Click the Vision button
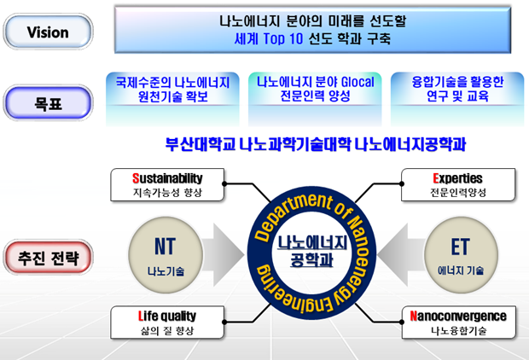pyautogui.click(x=48, y=32)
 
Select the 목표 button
pyautogui.click(x=48, y=104)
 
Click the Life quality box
pyautogui.click(x=167, y=322)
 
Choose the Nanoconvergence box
pyautogui.click(x=457, y=322)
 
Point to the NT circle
pyautogui.click(x=166, y=254)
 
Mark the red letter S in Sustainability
pyautogui.click(x=136, y=179)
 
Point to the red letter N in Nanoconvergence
pyautogui.click(x=414, y=316)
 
